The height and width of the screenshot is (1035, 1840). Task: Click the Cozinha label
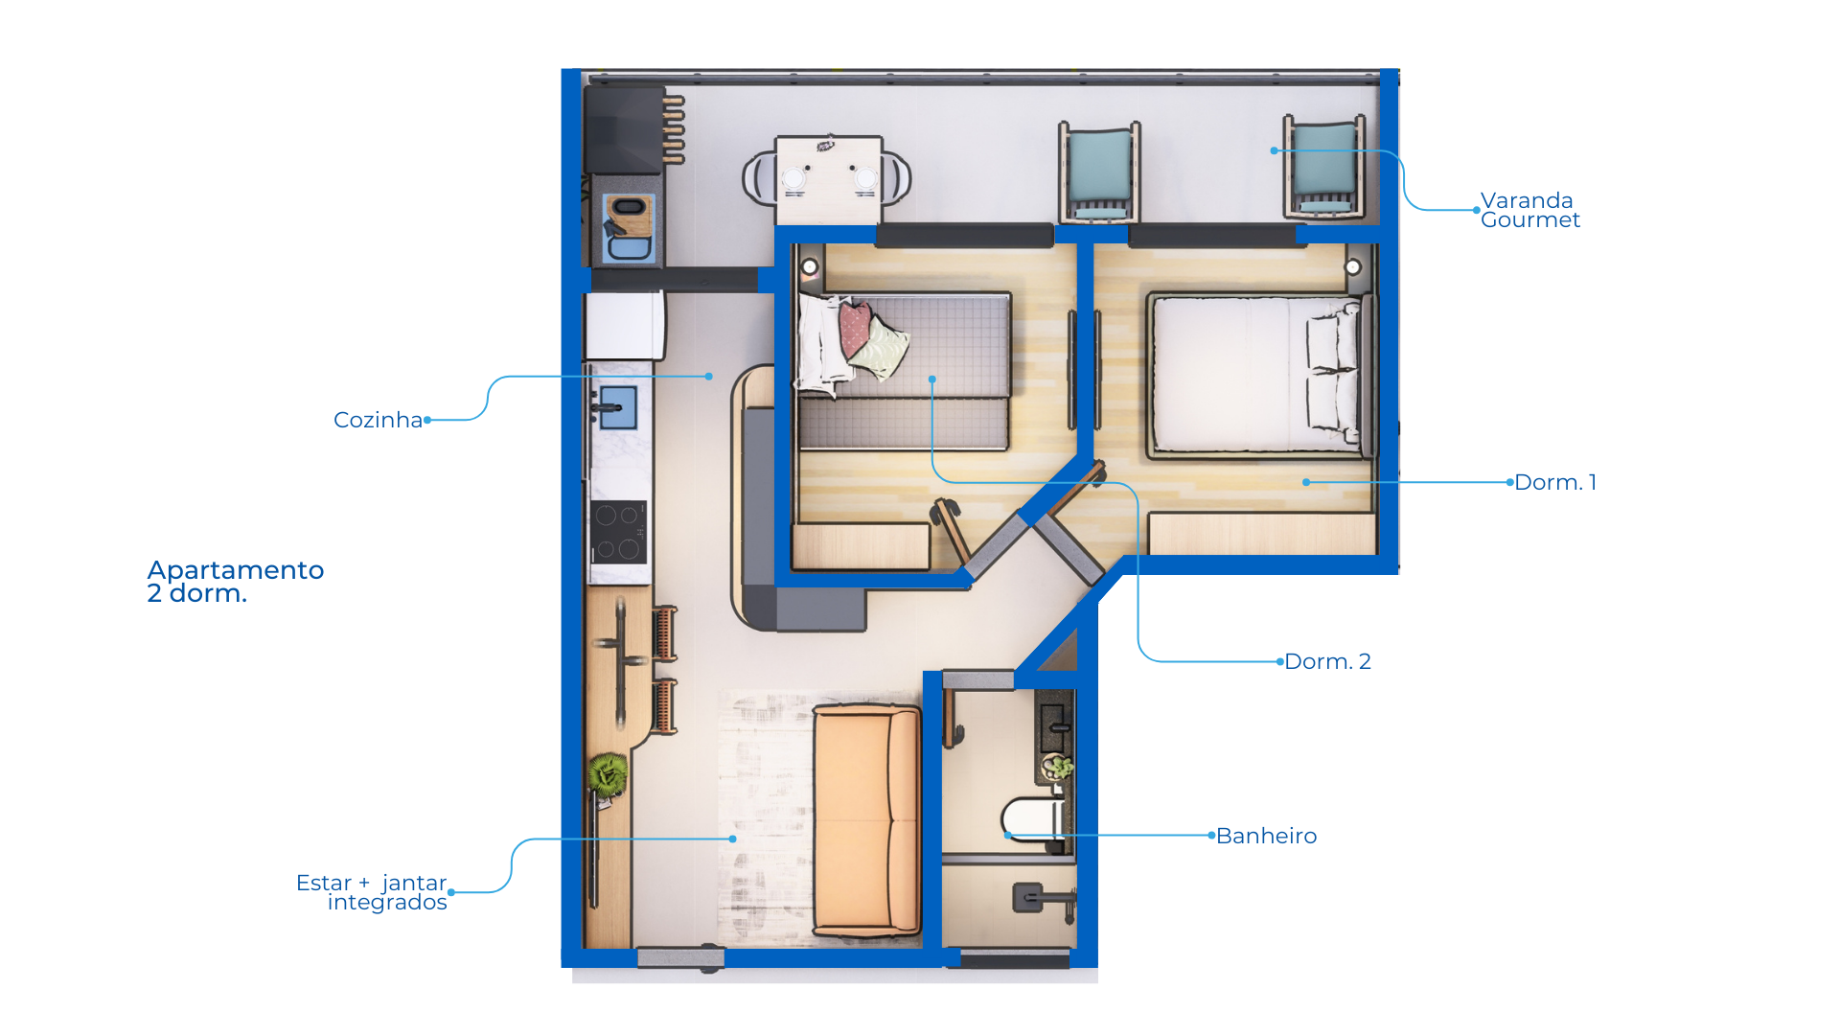378,420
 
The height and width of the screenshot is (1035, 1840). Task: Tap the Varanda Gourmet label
1529,210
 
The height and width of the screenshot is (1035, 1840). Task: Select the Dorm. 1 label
1555,482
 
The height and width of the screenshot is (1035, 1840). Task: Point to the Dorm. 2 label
1327,661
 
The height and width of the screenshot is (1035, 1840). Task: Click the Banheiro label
1266,836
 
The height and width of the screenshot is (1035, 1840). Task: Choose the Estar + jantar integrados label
372,892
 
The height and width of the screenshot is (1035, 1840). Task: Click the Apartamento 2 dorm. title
236,582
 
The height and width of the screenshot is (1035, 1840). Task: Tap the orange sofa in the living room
865,820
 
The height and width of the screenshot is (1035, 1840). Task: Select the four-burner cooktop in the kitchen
618,532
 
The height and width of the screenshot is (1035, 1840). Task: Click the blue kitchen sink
618,407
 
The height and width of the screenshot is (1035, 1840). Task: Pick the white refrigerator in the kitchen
624,326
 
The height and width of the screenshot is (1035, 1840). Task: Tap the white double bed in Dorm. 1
1255,374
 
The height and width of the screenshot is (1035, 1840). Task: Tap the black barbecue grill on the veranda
625,130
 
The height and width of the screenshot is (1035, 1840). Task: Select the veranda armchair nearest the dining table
1099,172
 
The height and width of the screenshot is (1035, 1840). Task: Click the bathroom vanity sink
1054,728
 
